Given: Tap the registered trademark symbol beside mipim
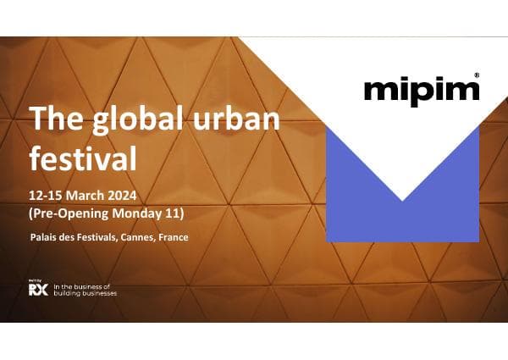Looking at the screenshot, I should tap(478, 75).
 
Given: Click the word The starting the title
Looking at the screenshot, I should tap(52, 121).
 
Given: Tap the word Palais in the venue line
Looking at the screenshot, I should tap(44, 237).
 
